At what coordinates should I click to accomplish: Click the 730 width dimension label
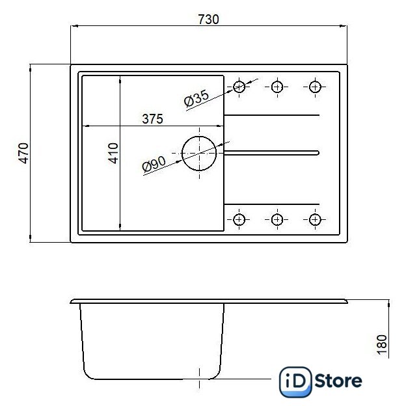208,20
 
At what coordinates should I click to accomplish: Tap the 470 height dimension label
23,154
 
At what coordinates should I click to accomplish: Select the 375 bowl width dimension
152,119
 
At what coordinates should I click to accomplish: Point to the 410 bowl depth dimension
113,154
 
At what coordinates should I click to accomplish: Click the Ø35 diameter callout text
196,98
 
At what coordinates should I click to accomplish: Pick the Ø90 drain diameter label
154,164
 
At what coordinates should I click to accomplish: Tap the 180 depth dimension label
382,345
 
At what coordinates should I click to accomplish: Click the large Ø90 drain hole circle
182,154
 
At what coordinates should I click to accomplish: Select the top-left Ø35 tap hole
239,87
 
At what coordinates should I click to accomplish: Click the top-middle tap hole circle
277,87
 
